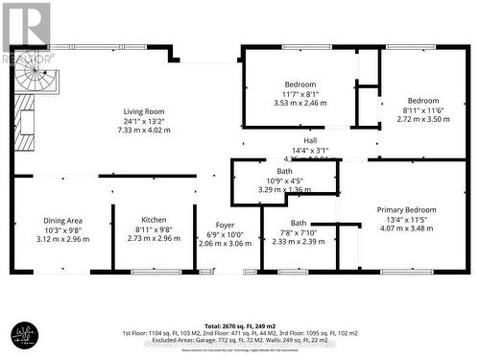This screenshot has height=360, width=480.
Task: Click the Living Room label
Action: click(x=141, y=111)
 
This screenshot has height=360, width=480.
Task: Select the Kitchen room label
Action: click(x=141, y=220)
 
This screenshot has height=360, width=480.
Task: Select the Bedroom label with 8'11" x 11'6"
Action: click(x=422, y=101)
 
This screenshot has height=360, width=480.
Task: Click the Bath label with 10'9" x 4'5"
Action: click(x=285, y=171)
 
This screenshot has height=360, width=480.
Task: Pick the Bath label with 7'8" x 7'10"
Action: click(x=299, y=223)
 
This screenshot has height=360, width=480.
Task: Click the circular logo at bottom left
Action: click(x=23, y=334)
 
